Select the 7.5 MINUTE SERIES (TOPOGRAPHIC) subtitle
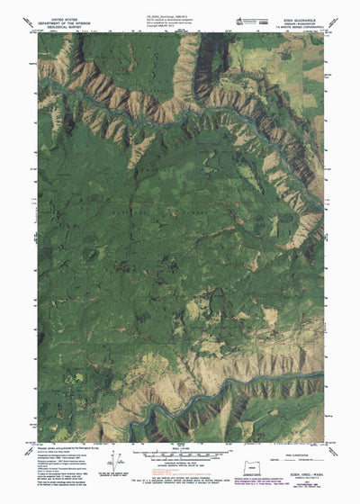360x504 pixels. pyautogui.click(x=307, y=26)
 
